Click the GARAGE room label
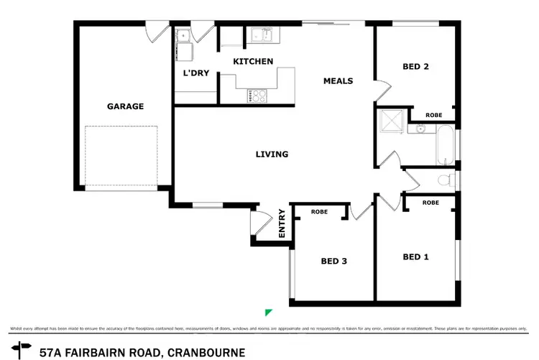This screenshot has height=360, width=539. pos(126,106)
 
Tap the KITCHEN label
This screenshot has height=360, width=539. pos(253,62)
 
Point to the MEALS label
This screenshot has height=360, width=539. pos(338,81)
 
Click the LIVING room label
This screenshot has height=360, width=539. pos(272,154)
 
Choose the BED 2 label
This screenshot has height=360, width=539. pos(415,67)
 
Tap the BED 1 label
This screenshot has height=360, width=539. pos(415,257)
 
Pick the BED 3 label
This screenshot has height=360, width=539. pos(333,261)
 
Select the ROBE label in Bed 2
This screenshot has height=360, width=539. pos(433,115)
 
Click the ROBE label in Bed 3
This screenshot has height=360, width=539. pos(319,212)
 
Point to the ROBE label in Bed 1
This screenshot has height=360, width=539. pos(430,203)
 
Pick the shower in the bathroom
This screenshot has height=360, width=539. pos(392,122)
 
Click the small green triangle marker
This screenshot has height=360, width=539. pos(268,311)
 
